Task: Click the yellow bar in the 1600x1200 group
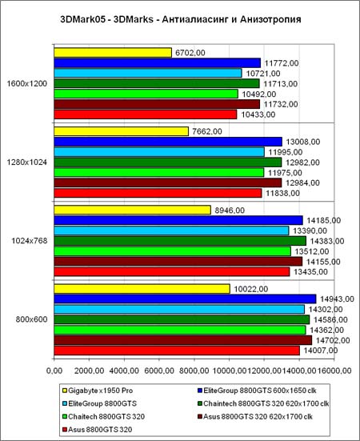point(113,53)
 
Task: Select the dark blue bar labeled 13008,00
point(168,142)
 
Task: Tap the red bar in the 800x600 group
point(177,351)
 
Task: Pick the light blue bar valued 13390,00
point(171,231)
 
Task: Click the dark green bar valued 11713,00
point(157,83)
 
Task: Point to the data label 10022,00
point(250,289)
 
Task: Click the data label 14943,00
point(337,299)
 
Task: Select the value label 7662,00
point(207,131)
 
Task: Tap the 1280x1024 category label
point(27,162)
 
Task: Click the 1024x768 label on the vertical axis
point(30,241)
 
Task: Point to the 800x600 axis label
point(31,320)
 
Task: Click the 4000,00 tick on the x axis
point(124,371)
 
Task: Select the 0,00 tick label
point(54,371)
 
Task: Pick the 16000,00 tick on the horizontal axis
point(334,371)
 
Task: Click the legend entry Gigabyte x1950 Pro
point(98,391)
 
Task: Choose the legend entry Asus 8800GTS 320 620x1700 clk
point(255,416)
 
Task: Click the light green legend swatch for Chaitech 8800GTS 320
point(65,416)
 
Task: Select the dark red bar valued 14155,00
point(178,262)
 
